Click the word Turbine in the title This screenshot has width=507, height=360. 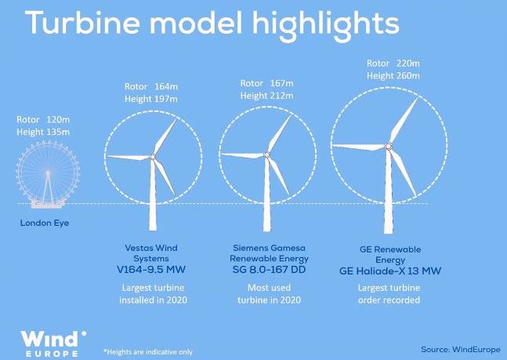pyautogui.click(x=82, y=22)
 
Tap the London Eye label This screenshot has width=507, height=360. pyautogui.click(x=45, y=223)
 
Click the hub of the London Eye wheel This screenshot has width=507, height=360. pyautogui.click(x=48, y=173)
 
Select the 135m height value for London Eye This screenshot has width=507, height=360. pyautogui.click(x=58, y=132)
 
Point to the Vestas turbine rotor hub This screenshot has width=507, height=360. pyautogui.click(x=153, y=157)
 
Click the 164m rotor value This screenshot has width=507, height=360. pyautogui.click(x=166, y=87)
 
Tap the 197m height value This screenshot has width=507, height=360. pyautogui.click(x=165, y=99)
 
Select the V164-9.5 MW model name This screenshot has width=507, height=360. pyautogui.click(x=151, y=269)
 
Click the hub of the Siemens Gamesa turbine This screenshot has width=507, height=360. pyautogui.click(x=266, y=155)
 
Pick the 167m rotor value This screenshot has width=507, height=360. pyautogui.click(x=282, y=83)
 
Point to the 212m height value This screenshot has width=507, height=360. pyautogui.click(x=281, y=96)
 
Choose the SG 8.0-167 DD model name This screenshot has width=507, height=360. pyautogui.click(x=269, y=269)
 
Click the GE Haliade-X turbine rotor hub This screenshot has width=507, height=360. pyautogui.click(x=389, y=147)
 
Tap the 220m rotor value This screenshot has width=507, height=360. pyautogui.click(x=408, y=64)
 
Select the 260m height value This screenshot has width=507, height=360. pyautogui.click(x=407, y=76)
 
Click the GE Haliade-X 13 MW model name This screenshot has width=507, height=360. pyautogui.click(x=390, y=271)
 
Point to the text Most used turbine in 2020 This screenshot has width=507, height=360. pyautogui.click(x=269, y=294)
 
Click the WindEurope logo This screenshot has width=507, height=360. pyautogui.click(x=53, y=344)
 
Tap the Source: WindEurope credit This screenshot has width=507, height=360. pyautogui.click(x=461, y=350)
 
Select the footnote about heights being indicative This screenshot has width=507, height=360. pyautogui.click(x=148, y=352)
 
